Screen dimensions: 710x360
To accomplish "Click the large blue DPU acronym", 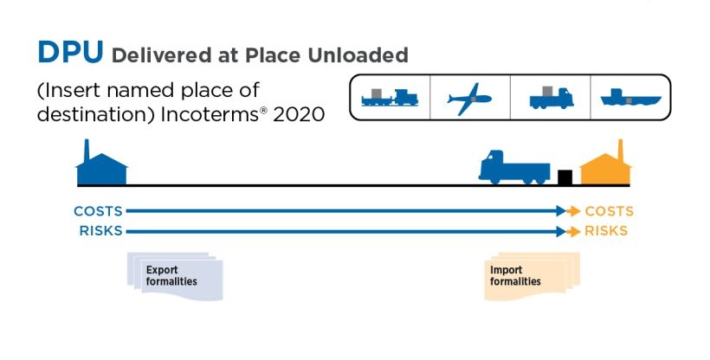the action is tap(70, 52).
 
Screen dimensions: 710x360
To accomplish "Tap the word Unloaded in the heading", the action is tap(358, 55).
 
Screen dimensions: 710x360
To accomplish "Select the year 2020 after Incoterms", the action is tap(299, 114).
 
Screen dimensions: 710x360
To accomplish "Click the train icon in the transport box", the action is tap(390, 98).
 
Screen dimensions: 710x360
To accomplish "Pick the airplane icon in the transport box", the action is tap(469, 99).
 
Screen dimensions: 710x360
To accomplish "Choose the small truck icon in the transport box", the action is tap(551, 98).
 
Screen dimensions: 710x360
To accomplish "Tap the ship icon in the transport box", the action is tap(630, 98).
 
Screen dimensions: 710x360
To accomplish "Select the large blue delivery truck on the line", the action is tap(514, 167).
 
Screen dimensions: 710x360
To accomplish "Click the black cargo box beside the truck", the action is tap(565, 177).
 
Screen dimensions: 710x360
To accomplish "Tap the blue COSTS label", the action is tap(98, 211).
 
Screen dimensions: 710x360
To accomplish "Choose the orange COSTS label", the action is tap(610, 211).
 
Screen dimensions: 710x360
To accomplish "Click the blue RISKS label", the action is tap(101, 231).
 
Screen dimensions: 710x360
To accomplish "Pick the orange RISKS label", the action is tap(606, 231).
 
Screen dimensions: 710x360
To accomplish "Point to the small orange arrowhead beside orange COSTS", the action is tap(574, 211).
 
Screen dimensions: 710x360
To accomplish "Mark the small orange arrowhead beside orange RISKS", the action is tap(574, 231).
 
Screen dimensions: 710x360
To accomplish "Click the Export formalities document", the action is tap(175, 276).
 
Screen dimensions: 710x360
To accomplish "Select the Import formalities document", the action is tap(532, 276).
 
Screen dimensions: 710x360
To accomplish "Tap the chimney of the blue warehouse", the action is tap(87, 150).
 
